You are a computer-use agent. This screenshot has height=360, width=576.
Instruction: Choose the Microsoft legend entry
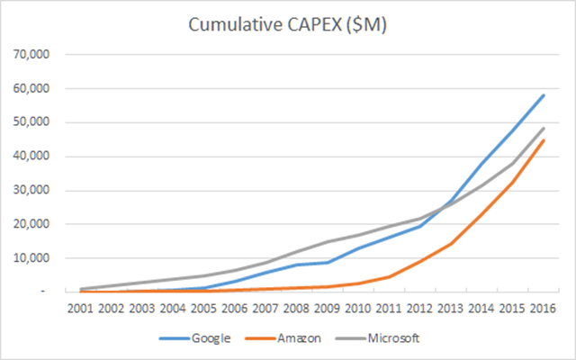click(394, 337)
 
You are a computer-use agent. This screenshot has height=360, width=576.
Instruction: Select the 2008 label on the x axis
click(300, 310)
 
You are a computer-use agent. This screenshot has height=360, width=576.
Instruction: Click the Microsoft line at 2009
click(331, 241)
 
